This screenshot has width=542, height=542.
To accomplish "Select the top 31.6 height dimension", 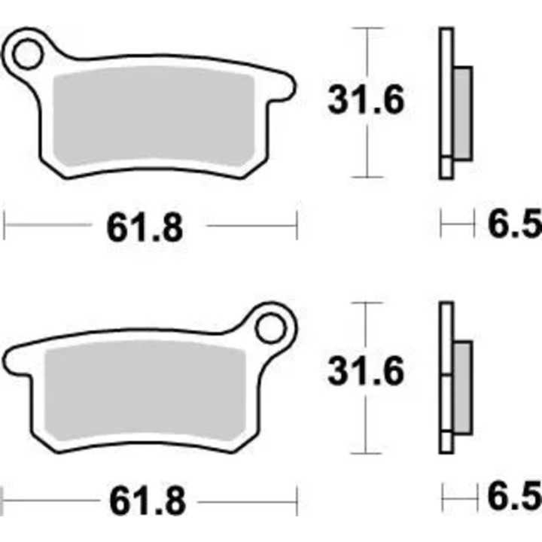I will pos(366,101).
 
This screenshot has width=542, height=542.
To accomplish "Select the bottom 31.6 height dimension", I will pos(366,372).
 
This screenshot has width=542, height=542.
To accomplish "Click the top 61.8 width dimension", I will pos(145,227).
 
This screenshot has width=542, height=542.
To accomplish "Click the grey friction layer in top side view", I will pos(462,113).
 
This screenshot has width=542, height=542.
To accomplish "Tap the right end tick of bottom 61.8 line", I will pos(297,497).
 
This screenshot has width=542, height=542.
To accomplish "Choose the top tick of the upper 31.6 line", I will pos(367,29).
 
